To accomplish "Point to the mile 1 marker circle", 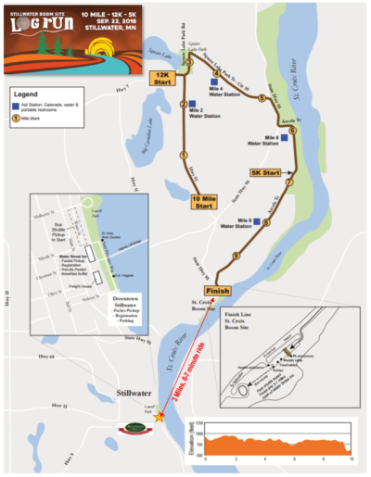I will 184,155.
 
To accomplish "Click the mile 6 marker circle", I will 292,132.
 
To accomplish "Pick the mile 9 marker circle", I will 237,255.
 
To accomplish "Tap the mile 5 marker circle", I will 262,97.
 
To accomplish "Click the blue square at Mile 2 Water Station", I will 191,104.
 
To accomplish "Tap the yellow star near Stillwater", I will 160,417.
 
